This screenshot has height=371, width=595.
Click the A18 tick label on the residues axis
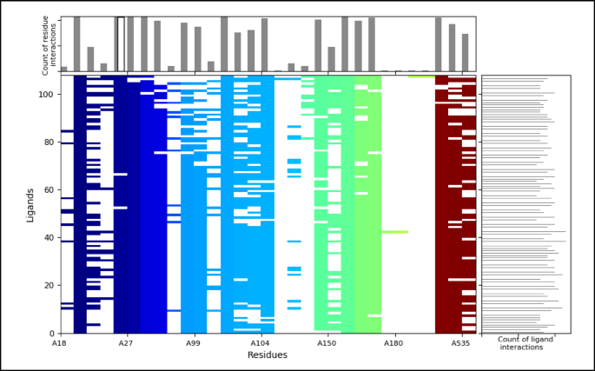60,344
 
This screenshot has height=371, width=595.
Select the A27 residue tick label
126,344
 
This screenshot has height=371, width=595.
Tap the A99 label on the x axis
193,344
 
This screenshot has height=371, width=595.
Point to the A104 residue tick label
261,344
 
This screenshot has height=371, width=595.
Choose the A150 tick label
327,344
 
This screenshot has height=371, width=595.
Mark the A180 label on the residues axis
394,344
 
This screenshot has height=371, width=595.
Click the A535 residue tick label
461,344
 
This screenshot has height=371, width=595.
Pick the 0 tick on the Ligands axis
52,334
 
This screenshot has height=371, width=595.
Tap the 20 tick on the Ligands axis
50,286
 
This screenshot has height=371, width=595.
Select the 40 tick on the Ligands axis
50,238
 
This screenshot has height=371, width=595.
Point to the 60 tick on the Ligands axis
50,190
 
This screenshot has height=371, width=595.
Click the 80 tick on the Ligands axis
50,142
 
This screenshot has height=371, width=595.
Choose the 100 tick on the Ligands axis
48,95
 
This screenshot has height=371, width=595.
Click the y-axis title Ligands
30,204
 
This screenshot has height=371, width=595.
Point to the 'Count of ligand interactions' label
525,344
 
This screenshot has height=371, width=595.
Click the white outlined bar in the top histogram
120,43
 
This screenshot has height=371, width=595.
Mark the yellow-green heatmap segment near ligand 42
394,232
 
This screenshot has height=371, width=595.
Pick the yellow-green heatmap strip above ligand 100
421,76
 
